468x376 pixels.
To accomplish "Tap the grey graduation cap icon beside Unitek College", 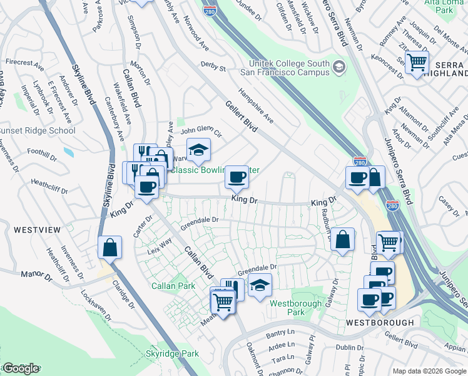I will (x=338, y=66).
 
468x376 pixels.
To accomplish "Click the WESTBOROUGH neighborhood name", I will (x=380, y=322).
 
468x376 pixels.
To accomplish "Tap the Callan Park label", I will (x=169, y=286).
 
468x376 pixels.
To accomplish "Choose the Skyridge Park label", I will (x=173, y=354).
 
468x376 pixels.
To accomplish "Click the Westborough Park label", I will (x=287, y=307).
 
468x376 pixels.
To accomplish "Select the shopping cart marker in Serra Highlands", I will (x=416, y=63).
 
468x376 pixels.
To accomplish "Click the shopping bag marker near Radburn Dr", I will (x=343, y=239).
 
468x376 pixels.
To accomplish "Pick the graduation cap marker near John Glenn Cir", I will (x=198, y=150).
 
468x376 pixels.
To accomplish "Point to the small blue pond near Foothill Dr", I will (x=68, y=152).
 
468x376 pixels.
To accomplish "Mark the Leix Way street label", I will (x=159, y=247).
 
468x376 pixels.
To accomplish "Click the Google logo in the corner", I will (x=21, y=368).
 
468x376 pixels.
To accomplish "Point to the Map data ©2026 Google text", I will (x=429, y=371).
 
